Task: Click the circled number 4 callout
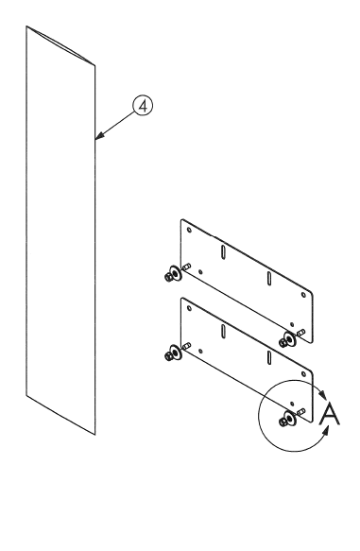click(142, 108)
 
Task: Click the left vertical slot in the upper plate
click(222, 252)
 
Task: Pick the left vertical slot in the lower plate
click(222, 332)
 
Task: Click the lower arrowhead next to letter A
click(327, 430)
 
